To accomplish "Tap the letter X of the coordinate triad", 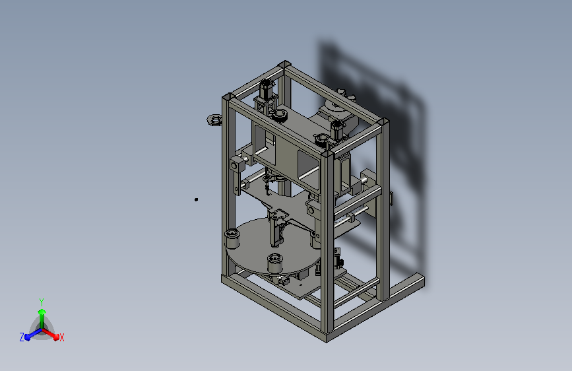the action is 61,337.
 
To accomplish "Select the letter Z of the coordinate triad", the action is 22,337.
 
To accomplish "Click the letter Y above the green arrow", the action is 42,302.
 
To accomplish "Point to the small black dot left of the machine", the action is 196,199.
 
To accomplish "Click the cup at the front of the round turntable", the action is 275,263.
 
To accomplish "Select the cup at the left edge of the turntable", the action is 232,238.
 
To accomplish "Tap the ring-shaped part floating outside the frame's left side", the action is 214,119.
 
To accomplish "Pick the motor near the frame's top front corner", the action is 337,130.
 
